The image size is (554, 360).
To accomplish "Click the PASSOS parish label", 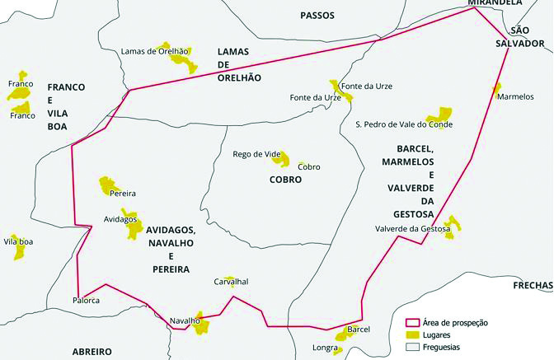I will pos(319,15).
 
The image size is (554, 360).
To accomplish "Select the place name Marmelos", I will pos(516,96).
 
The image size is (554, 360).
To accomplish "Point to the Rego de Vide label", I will pos(258,154).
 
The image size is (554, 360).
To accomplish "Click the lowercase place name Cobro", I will pos(309,166).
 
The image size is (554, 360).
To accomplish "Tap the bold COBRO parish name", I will pos(285,179).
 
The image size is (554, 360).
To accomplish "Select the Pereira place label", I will pos(122,193).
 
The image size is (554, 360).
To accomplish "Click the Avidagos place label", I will pos(120,219).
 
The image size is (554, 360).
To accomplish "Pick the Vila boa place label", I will pos(18,241).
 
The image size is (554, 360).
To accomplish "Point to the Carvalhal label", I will pos(231,282).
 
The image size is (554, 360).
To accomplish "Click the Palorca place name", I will pos(87,300).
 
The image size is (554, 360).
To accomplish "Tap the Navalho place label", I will pos(185,320).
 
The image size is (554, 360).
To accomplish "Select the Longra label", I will pos(325,348).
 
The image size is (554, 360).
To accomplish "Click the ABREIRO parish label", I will pos(92,352).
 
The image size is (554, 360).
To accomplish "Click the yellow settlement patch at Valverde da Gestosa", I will pos(451,227).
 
